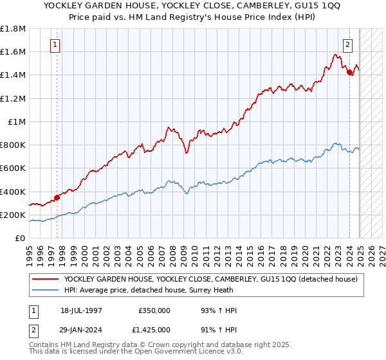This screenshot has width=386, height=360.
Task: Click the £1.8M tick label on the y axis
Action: (13, 29)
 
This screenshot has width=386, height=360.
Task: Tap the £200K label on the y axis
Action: (13, 215)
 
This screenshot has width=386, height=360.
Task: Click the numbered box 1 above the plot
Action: (55, 45)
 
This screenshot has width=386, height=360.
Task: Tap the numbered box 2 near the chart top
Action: (348, 45)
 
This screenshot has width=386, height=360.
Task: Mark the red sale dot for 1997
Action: (57, 197)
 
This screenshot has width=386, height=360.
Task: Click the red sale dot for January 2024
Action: (349, 73)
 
